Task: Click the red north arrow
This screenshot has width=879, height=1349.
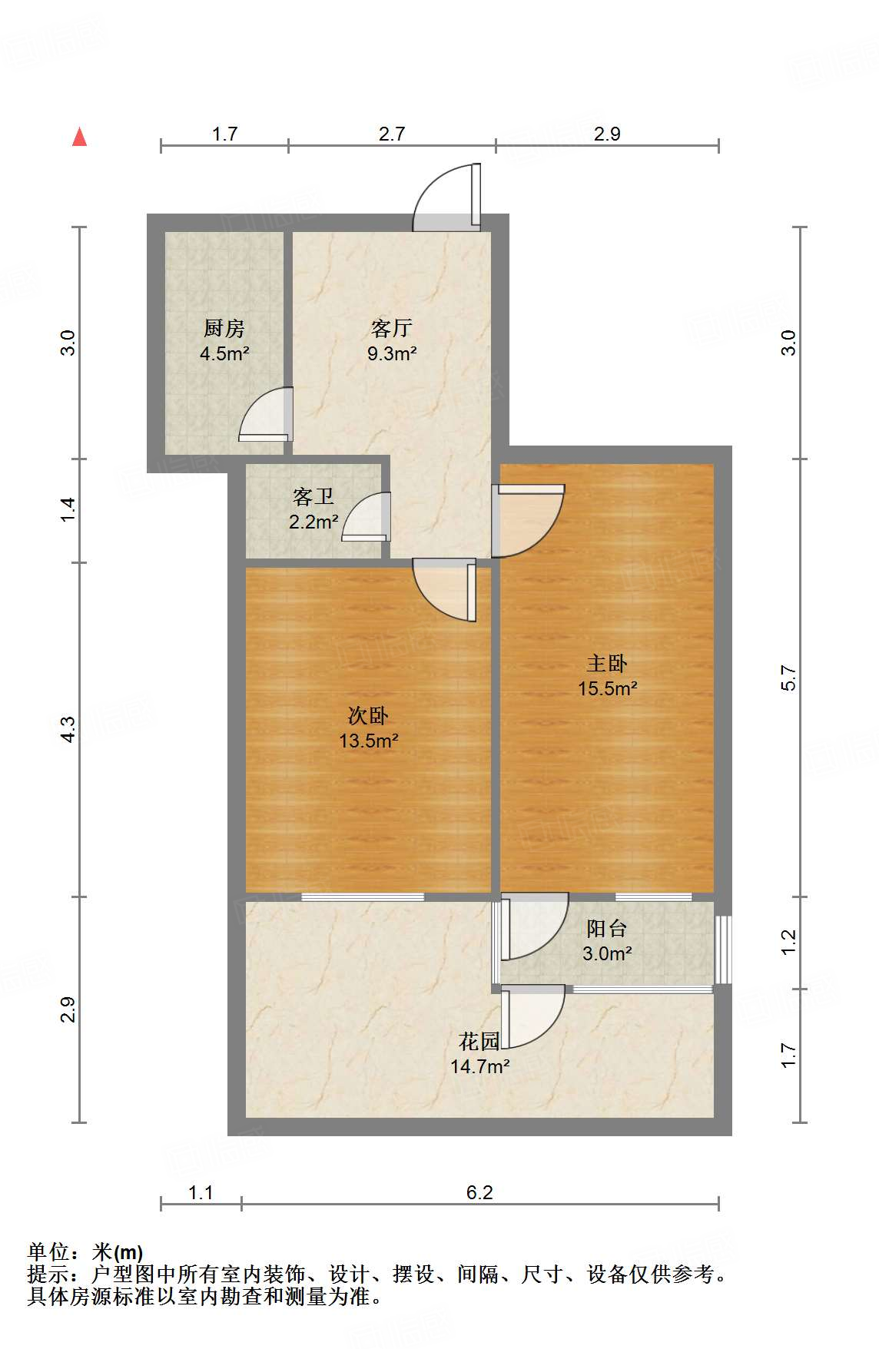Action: coord(79,137)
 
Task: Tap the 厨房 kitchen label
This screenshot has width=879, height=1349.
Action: coord(224,328)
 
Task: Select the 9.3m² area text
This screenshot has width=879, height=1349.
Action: coord(392,353)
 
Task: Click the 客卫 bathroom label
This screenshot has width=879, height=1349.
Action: coord(313,496)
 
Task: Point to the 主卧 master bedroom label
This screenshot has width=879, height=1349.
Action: coord(607,662)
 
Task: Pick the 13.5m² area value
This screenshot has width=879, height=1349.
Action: coord(369,741)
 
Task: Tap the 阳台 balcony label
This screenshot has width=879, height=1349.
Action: coord(607,928)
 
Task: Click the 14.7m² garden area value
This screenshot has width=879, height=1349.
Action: coord(480,1066)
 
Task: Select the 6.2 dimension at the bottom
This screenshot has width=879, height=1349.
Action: coord(479,1192)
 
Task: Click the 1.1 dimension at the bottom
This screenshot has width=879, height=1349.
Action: coord(201,1192)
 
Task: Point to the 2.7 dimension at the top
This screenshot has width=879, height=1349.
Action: coord(392,134)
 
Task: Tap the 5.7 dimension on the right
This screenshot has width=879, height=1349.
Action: coord(788,678)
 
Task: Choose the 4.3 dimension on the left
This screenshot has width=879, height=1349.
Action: coord(68,729)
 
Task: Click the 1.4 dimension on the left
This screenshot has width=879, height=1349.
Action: coord(68,510)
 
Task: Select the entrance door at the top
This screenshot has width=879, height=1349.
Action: coord(446,197)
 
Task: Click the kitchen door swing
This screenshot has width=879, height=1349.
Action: coord(266,415)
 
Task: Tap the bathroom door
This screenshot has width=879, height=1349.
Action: coord(366,516)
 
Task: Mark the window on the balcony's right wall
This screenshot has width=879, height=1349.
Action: coord(723,949)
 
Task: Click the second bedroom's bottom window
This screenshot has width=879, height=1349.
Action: coord(363,897)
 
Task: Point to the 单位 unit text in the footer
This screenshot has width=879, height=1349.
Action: coord(48,1253)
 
